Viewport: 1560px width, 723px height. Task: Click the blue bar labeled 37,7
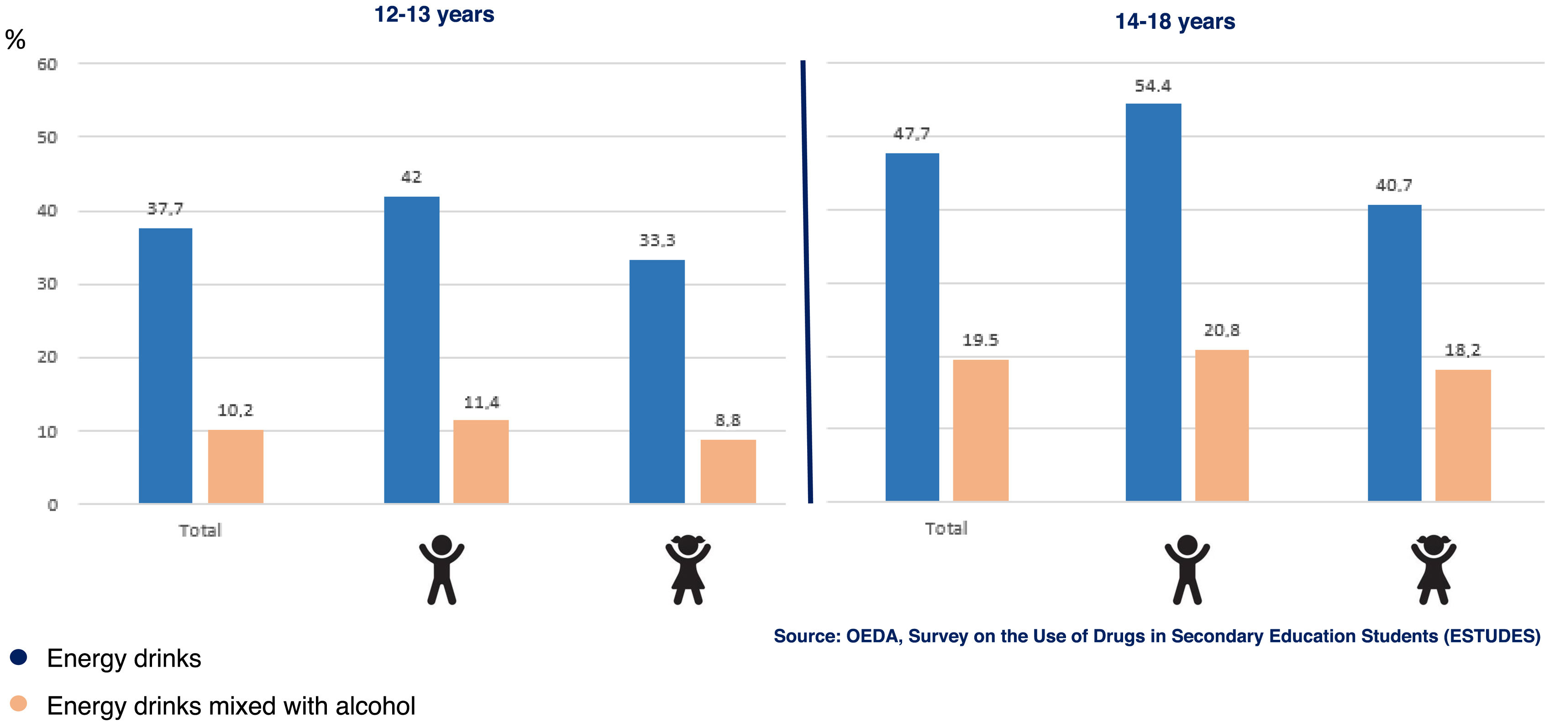click(165, 366)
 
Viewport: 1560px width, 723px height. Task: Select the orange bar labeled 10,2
click(236, 466)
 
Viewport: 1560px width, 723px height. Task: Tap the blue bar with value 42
click(411, 350)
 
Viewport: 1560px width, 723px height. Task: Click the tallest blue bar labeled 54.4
click(1153, 302)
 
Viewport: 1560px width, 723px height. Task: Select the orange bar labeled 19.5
click(981, 431)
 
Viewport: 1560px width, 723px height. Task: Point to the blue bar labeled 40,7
click(1394, 353)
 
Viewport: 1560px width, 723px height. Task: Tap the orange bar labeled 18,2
click(1462, 435)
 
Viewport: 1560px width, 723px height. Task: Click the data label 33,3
click(657, 240)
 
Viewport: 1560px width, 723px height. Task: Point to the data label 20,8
click(1222, 330)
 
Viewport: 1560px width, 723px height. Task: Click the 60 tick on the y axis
click(47, 64)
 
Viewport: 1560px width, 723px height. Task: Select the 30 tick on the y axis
click(47, 284)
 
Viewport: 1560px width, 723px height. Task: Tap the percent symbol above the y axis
click(15, 40)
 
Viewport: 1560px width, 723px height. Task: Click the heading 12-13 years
click(434, 15)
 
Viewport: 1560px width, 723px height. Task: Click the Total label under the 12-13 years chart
click(200, 530)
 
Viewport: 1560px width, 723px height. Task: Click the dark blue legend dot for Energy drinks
click(19, 657)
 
